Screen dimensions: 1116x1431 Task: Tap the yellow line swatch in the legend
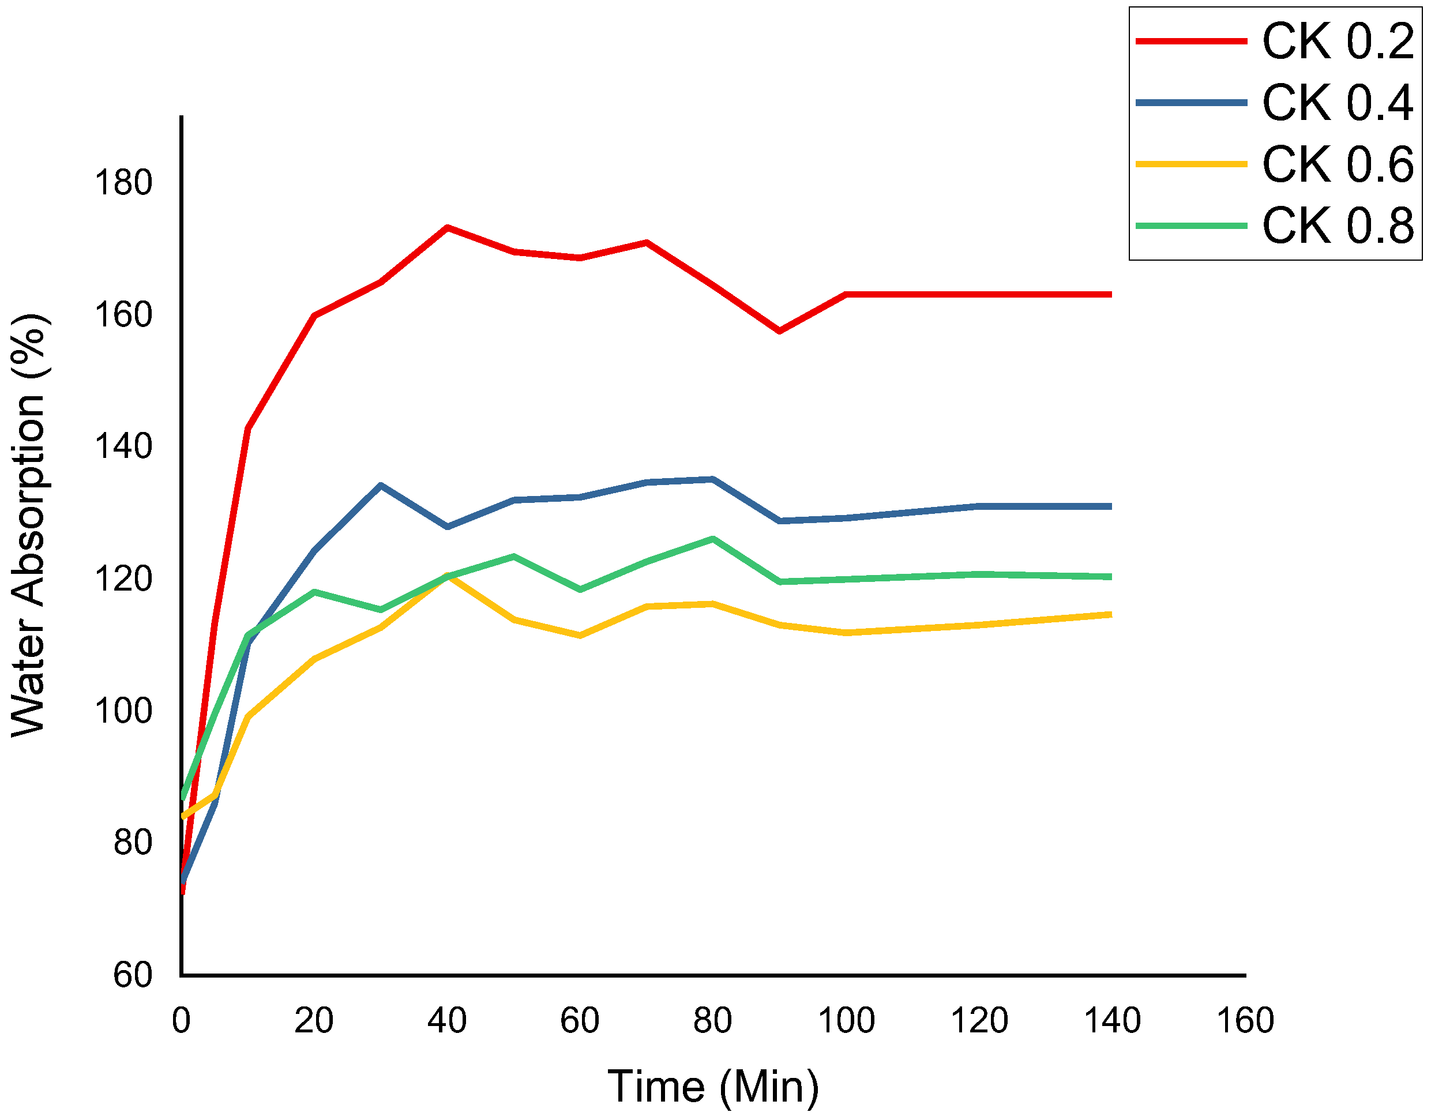(1190, 164)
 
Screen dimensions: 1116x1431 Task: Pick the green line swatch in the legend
(1190, 226)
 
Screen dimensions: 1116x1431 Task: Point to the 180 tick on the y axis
(123, 182)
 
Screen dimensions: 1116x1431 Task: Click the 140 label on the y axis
(123, 446)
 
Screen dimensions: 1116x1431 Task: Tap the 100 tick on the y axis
(123, 711)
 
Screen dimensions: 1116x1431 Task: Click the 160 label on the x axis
(1245, 1020)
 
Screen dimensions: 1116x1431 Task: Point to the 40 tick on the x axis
(447, 1020)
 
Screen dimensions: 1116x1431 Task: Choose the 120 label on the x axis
(979, 1020)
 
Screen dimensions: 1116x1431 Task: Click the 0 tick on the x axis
(182, 1020)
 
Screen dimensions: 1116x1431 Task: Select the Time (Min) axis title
(713, 1087)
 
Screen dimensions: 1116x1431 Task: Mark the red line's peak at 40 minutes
(447, 227)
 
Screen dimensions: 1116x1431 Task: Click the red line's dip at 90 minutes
(779, 331)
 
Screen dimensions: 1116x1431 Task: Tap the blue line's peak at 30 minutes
(381, 486)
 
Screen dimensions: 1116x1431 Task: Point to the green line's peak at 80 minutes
(713, 539)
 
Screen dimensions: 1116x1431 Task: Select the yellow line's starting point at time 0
(183, 817)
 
